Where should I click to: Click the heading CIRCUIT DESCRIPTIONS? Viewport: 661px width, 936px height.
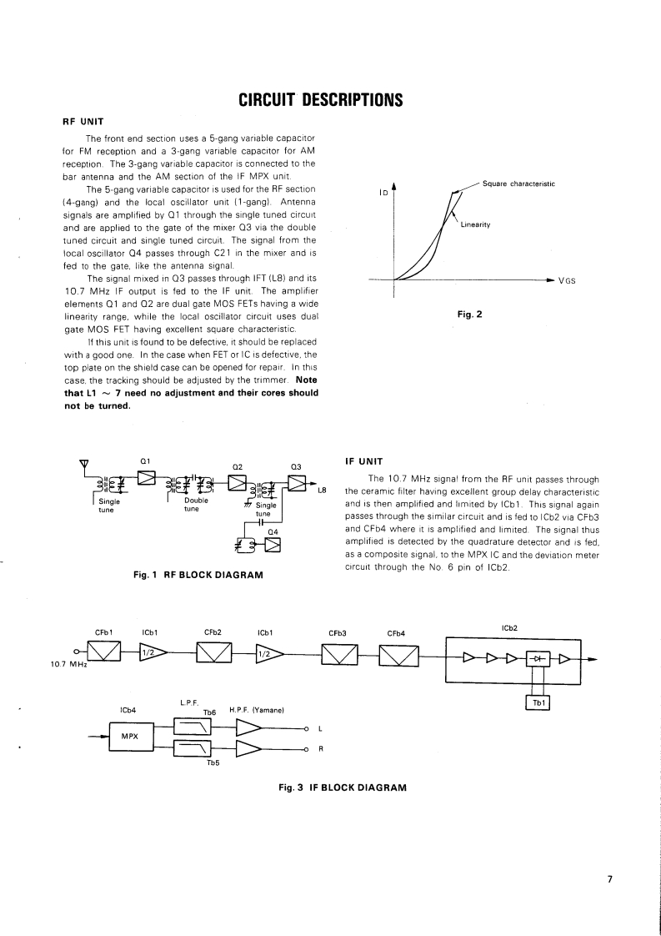(321, 101)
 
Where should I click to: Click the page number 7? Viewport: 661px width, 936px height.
(610, 878)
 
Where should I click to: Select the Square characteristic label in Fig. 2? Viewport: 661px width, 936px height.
(518, 183)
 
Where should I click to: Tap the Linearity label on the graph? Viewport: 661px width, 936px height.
(474, 225)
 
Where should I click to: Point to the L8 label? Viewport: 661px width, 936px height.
(321, 491)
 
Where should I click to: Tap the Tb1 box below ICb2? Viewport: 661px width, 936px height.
(538, 702)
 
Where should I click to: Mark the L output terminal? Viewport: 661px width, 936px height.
(308, 728)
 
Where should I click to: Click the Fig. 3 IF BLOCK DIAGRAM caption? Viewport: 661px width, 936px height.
(342, 788)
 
